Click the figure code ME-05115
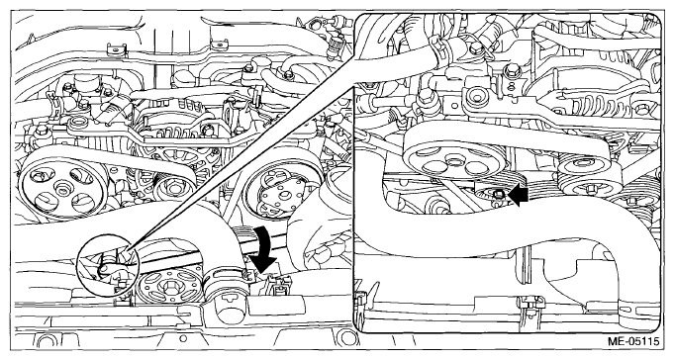click(633, 342)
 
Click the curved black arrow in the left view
click(263, 249)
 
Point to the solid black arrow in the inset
click(518, 196)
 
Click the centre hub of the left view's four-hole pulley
click(59, 188)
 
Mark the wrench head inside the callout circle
click(105, 270)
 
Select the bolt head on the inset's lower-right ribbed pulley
click(589, 188)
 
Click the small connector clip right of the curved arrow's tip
click(277, 286)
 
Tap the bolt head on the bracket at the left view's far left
click(41, 130)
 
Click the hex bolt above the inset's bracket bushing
click(475, 48)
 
